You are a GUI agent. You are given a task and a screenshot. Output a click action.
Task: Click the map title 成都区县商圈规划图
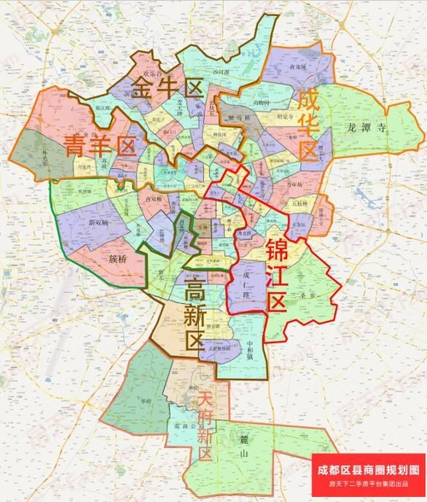coord(367,470)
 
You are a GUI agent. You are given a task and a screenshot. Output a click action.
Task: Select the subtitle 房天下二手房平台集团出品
coord(367,485)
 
